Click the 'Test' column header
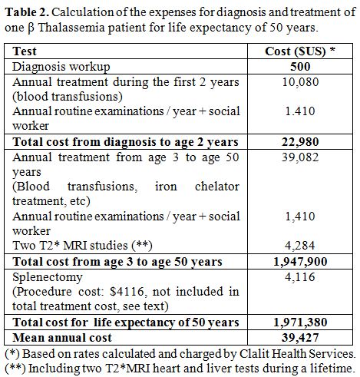tap(25, 51)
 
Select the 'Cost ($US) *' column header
tap(300, 51)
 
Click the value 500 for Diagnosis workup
tap(300, 67)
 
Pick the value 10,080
tap(300, 82)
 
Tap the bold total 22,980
tap(300, 142)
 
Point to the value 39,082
tap(300, 157)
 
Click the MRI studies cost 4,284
tap(300, 246)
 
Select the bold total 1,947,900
tap(300, 262)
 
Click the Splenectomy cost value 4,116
tap(300, 277)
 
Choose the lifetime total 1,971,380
tap(300, 322)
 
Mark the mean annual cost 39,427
tap(300, 338)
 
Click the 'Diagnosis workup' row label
tap(61, 67)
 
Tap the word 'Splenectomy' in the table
tap(48, 277)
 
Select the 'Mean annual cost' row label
tap(62, 338)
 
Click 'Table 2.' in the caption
tap(27, 12)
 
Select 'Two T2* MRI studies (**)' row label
tap(82, 246)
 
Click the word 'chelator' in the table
tap(217, 187)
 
